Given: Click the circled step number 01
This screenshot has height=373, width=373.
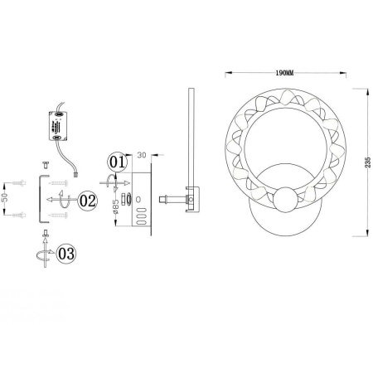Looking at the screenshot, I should click(x=117, y=162).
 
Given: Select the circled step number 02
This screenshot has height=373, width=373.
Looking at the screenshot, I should click(x=88, y=201).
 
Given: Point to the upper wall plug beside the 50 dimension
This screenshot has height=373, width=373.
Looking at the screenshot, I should click(x=21, y=181).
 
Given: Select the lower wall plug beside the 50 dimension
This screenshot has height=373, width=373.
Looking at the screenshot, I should click(x=21, y=216).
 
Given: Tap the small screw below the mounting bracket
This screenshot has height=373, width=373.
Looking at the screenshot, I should click(x=40, y=249).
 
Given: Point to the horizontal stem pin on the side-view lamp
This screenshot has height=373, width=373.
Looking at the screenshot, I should click(x=172, y=200).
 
